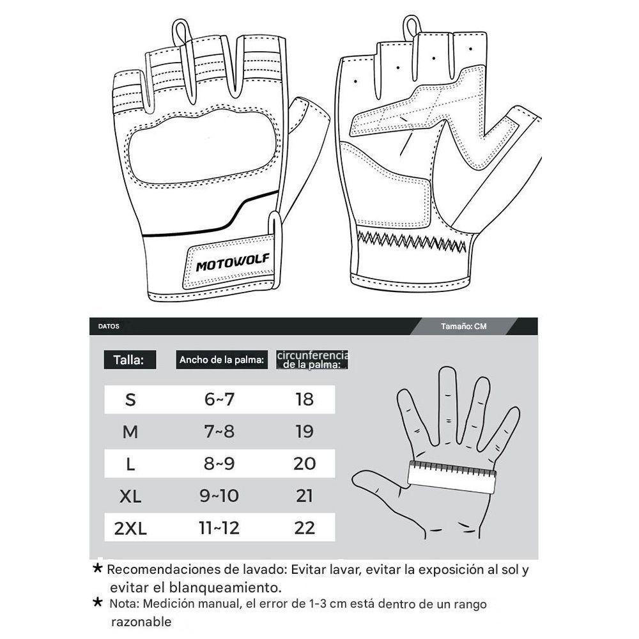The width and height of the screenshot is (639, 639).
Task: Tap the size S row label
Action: [x=130, y=399]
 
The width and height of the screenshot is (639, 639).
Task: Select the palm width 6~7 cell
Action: [x=220, y=399]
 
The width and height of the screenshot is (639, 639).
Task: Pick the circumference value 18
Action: [x=305, y=399]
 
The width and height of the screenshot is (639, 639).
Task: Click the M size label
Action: [x=130, y=432]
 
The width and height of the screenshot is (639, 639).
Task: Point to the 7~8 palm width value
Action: [x=220, y=432]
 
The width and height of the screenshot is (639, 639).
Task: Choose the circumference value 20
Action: [x=305, y=464]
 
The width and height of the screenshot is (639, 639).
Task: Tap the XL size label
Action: [x=130, y=497]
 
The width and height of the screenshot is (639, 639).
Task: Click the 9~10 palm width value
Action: [x=220, y=497]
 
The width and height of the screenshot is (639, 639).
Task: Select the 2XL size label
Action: [x=130, y=528]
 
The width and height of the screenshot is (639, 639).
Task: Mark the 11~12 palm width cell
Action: [x=220, y=528]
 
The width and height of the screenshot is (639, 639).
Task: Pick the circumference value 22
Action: [x=305, y=528]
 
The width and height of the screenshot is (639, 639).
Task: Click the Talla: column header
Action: [x=129, y=360]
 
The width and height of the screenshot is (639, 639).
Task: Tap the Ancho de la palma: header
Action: [x=222, y=360]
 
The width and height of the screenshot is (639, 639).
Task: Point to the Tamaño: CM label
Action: [x=463, y=326]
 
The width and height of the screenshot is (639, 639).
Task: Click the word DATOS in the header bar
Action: [x=109, y=326]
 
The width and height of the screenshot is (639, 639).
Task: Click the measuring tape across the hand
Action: [x=452, y=477]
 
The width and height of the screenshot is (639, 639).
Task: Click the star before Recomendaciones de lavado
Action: [x=97, y=568]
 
